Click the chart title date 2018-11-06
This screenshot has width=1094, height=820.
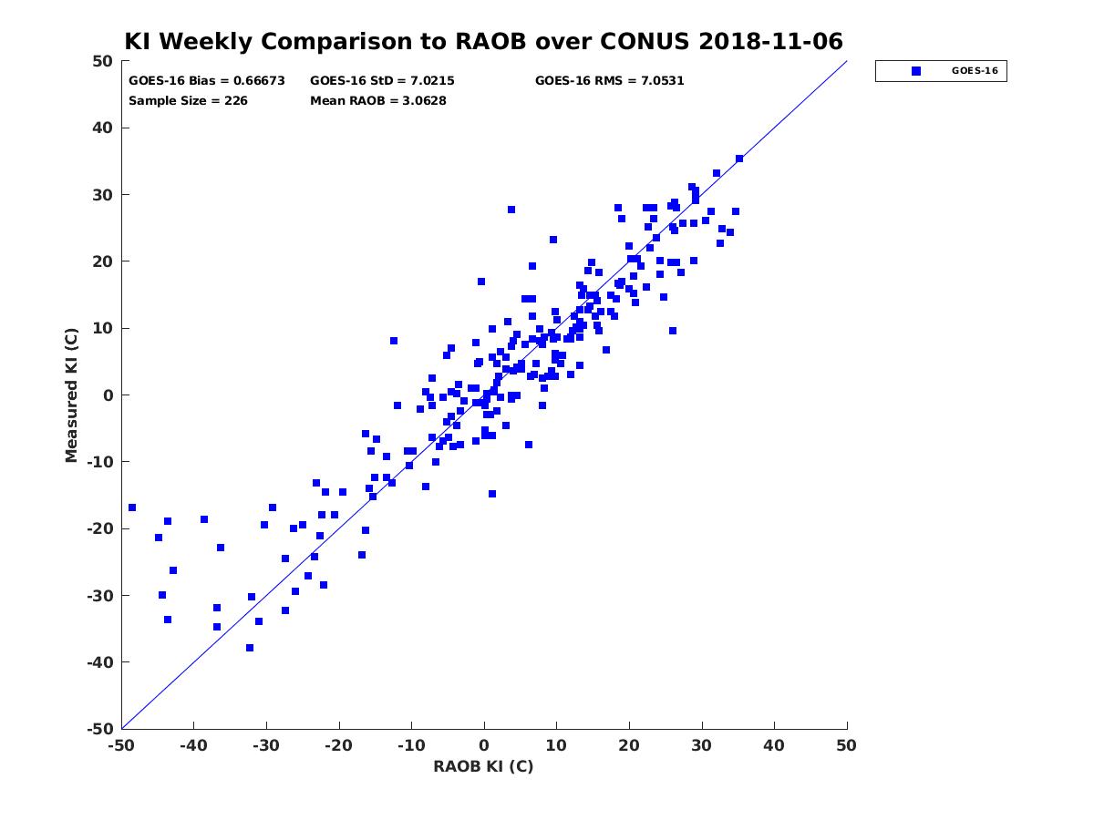(770, 41)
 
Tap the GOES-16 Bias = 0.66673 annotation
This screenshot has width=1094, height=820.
(206, 81)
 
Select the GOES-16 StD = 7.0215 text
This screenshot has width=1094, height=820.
(382, 81)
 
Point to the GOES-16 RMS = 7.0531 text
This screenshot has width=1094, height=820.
(609, 81)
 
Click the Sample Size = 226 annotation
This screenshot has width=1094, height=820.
(188, 100)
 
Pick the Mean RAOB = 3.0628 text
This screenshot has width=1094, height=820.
(377, 100)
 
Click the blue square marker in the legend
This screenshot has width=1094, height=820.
(915, 71)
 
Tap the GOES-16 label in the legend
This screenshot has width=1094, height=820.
(975, 71)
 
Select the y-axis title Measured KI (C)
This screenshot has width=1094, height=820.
(71, 395)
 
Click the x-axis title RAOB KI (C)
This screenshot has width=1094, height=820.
(483, 766)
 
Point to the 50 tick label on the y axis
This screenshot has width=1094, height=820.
(103, 61)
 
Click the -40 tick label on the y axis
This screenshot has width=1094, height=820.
(100, 662)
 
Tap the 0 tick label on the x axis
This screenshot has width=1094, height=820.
(483, 745)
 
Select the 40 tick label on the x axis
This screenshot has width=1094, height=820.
(774, 745)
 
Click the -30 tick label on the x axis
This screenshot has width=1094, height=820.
(266, 745)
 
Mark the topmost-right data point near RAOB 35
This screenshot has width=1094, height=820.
(739, 159)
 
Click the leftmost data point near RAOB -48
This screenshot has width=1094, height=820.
(132, 507)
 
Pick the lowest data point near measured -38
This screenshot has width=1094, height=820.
(250, 648)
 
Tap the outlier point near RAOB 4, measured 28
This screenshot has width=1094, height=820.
(511, 210)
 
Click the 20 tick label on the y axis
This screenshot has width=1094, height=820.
(103, 261)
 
